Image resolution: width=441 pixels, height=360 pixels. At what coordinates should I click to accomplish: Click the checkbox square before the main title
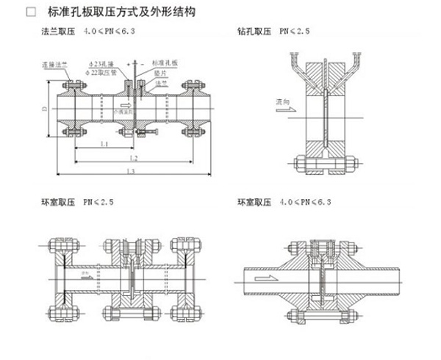[30, 13]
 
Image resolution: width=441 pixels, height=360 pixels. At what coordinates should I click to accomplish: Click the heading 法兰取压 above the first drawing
[57, 33]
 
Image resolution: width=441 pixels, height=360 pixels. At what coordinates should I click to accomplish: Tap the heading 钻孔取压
[253, 33]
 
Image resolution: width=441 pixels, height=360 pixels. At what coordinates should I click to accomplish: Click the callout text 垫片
[159, 73]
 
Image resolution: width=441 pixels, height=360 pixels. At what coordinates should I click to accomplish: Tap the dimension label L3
[129, 171]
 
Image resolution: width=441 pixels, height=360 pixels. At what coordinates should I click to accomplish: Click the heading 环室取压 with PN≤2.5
[57, 200]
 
